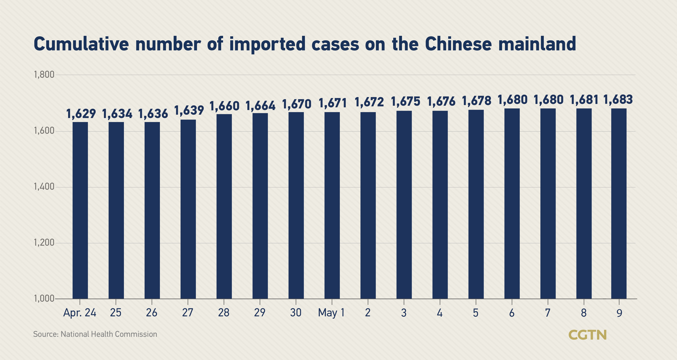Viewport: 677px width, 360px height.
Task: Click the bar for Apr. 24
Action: click(x=80, y=210)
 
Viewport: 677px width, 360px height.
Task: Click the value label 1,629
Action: click(x=81, y=114)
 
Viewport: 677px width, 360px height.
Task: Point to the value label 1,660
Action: click(x=224, y=106)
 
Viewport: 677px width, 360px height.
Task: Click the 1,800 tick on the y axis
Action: click(x=44, y=75)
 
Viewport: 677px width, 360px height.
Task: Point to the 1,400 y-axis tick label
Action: click(x=44, y=187)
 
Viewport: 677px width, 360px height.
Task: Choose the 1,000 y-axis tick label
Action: click(x=44, y=299)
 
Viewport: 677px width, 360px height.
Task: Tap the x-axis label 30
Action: click(x=296, y=313)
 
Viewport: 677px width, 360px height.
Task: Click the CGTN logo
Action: click(x=587, y=335)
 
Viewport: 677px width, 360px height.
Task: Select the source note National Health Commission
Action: click(x=109, y=334)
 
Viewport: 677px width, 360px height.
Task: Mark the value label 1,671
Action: click(x=332, y=103)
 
